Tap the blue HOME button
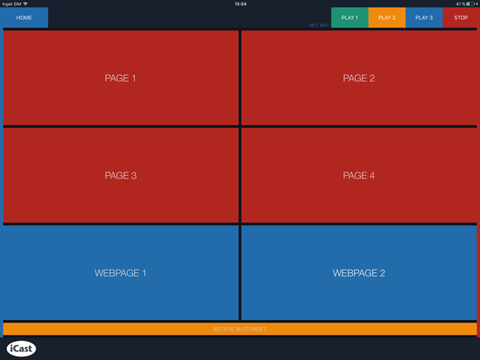coord(24,17)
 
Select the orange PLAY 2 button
coord(387,17)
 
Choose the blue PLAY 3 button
coord(423,17)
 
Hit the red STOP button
coord(461,17)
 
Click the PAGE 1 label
coord(120,78)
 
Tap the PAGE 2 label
coord(358,78)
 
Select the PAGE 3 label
coord(120,176)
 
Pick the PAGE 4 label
coord(358,176)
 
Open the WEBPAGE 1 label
coord(120,273)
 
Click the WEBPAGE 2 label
coord(358,273)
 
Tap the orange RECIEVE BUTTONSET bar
coord(240,330)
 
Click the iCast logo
coord(22,349)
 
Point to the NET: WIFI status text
coord(319,25)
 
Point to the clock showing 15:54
coord(240,3)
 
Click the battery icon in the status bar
coord(470,3)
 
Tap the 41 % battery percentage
coord(460,3)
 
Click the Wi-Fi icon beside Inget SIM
coord(26,3)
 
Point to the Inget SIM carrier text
coord(11,3)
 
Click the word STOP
coord(461,17)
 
